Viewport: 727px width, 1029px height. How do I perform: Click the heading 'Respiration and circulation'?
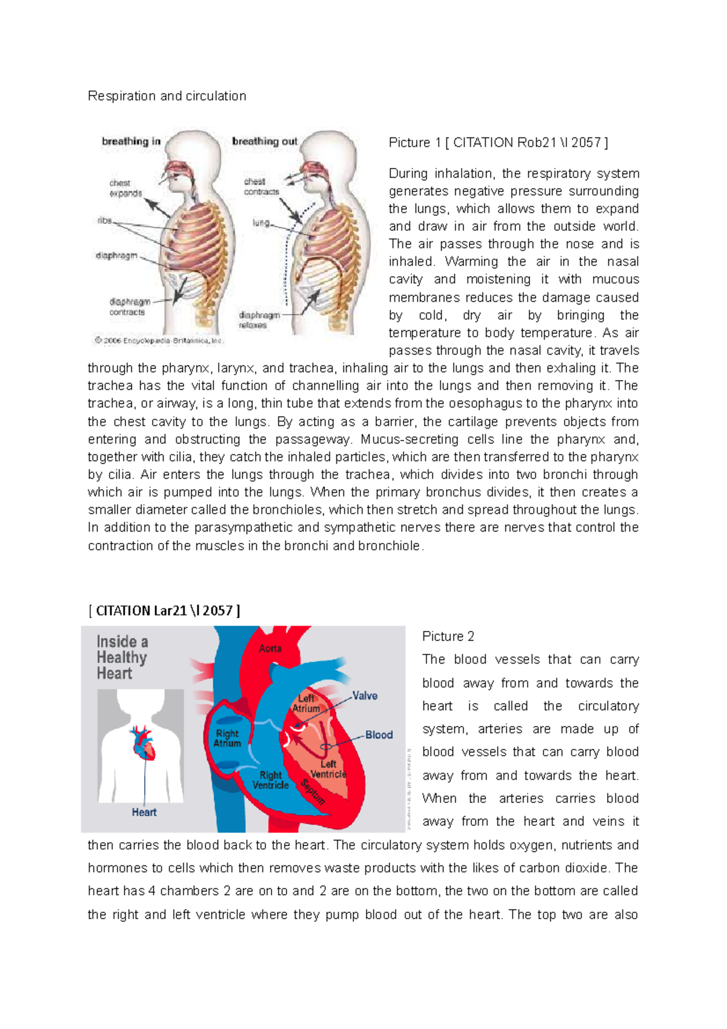point(167,96)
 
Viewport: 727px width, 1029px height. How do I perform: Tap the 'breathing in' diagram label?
point(131,141)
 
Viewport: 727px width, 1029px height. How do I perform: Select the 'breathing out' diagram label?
point(265,141)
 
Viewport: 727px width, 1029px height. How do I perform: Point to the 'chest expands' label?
point(125,188)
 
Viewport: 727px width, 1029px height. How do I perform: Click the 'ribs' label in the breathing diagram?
point(105,221)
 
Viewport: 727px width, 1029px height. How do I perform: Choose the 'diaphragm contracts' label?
point(128,307)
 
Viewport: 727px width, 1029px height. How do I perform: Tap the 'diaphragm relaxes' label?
point(259,320)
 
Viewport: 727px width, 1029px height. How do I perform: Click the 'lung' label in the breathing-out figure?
point(261,223)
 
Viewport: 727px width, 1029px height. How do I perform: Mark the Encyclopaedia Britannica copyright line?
point(159,341)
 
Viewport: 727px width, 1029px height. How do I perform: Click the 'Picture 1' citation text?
point(498,142)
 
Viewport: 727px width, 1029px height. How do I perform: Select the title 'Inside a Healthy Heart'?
point(122,658)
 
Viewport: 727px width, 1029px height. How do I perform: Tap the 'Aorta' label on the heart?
point(270,648)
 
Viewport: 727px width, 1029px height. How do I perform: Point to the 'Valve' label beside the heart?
point(365,696)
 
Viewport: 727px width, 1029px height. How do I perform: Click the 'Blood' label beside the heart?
point(379,734)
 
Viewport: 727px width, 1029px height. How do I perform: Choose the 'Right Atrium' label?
point(227,738)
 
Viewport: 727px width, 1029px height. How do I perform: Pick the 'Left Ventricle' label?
point(328,769)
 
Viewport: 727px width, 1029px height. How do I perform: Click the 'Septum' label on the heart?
point(313,791)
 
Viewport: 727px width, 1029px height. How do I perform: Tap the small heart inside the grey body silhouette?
point(143,743)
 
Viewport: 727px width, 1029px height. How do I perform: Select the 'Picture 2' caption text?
point(448,636)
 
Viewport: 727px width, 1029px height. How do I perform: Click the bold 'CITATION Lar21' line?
point(164,610)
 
